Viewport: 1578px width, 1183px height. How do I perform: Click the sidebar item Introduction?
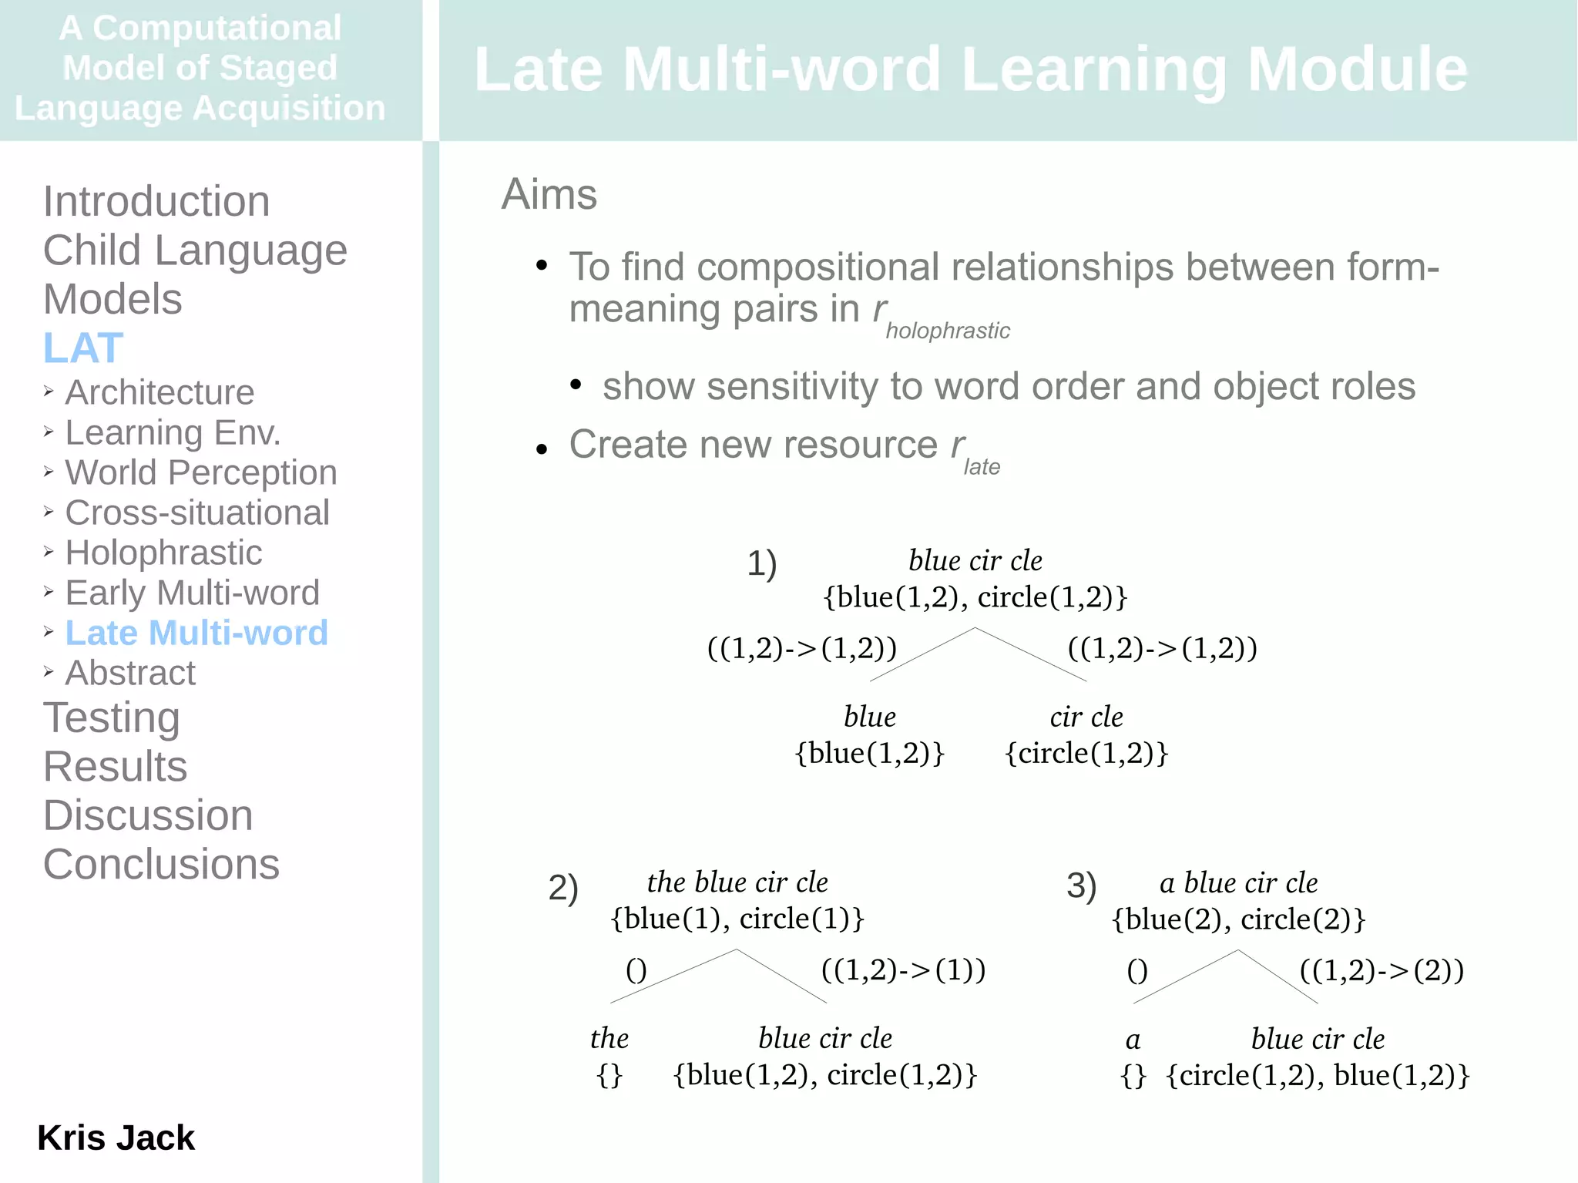pyautogui.click(x=156, y=202)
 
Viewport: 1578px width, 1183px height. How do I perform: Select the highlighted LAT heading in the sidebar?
pyautogui.click(x=83, y=348)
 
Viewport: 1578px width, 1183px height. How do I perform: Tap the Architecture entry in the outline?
pyautogui.click(x=159, y=392)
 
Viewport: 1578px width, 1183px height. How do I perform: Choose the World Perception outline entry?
pyautogui.click(x=201, y=472)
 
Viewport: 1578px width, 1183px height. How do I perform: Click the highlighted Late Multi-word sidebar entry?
pyautogui.click(x=196, y=633)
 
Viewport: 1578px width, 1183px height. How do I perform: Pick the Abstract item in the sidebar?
pyautogui.click(x=130, y=673)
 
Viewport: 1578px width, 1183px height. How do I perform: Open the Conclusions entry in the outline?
pyautogui.click(x=161, y=864)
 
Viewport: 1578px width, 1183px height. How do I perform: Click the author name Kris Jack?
pyautogui.click(x=116, y=1138)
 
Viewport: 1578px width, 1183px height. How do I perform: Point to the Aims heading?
pyautogui.click(x=549, y=194)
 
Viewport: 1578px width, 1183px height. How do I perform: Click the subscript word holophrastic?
pyautogui.click(x=947, y=331)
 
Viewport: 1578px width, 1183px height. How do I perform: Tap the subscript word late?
pyautogui.click(x=982, y=467)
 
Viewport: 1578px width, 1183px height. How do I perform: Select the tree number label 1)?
pyautogui.click(x=762, y=563)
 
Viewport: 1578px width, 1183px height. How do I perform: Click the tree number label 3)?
pyautogui.click(x=1081, y=886)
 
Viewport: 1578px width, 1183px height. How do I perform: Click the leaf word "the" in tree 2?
pyautogui.click(x=609, y=1038)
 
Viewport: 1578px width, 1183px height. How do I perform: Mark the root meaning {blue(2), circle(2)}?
pyautogui.click(x=1238, y=919)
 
